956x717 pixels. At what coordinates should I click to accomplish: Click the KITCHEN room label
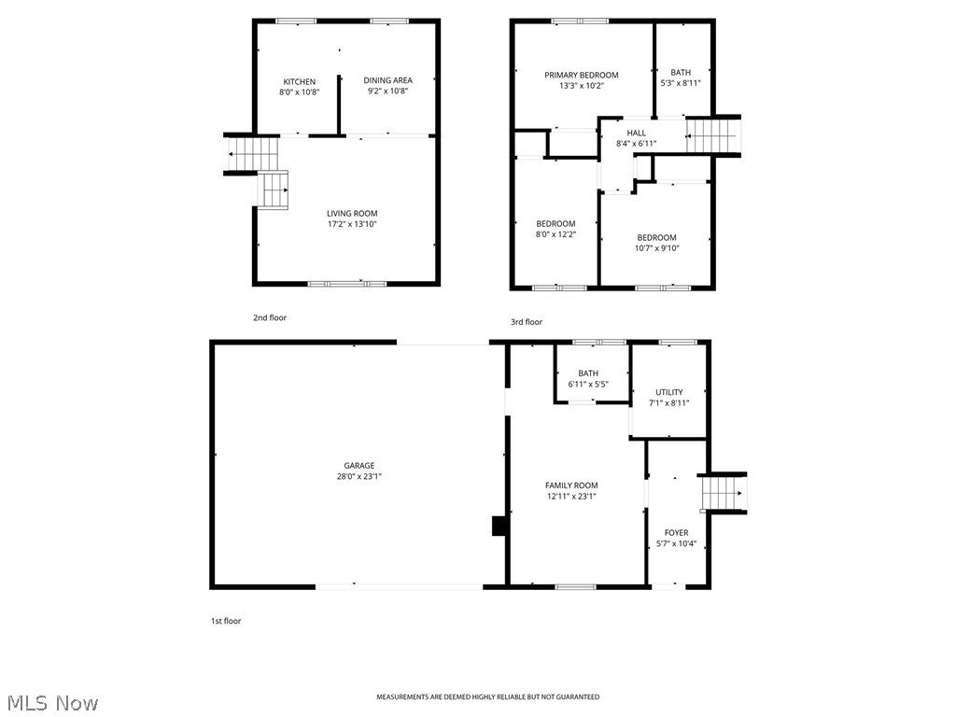[300, 81]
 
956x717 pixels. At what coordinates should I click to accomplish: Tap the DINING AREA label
[387, 80]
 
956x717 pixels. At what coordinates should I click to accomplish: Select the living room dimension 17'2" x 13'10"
[351, 224]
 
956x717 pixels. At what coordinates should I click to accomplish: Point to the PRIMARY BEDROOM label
[582, 75]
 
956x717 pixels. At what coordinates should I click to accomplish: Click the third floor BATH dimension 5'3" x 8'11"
[680, 83]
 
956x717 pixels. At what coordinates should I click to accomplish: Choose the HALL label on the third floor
[636, 133]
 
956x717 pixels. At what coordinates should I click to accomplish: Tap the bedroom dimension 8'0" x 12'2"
[555, 234]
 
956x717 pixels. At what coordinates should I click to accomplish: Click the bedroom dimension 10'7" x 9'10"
[656, 248]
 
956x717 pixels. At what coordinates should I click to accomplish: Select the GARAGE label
[358, 465]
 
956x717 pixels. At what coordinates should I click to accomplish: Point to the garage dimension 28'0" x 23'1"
[358, 476]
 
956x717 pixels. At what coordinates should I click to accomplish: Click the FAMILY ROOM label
[571, 485]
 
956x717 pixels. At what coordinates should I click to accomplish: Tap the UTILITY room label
[668, 392]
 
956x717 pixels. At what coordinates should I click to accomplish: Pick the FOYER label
[676, 533]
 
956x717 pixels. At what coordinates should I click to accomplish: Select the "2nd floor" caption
[270, 317]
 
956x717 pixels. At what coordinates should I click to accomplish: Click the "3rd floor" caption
[526, 322]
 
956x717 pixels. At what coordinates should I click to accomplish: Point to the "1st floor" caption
[225, 621]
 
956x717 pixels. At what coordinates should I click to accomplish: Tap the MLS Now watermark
[51, 702]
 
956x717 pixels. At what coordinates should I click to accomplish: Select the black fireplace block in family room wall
[499, 527]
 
